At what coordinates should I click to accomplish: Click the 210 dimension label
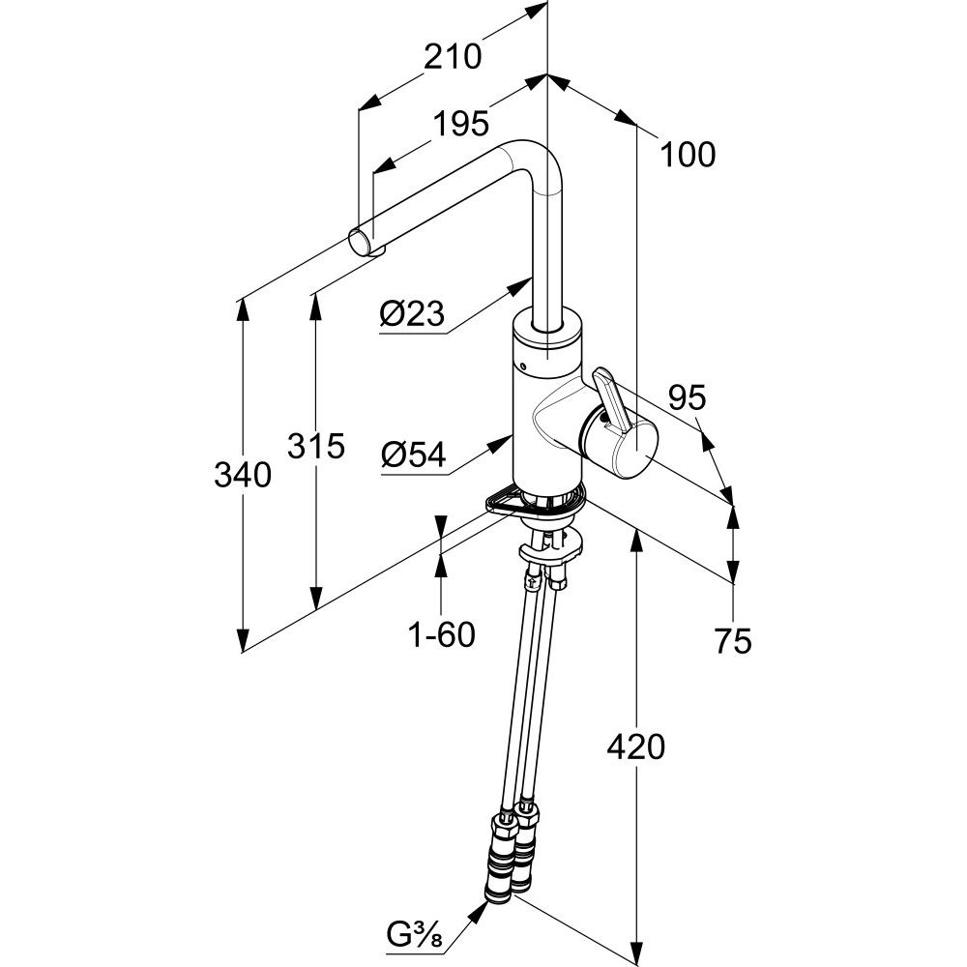(453, 57)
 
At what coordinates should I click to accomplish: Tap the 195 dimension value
(460, 123)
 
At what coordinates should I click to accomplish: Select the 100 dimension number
(689, 154)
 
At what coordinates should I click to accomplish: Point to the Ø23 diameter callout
(412, 313)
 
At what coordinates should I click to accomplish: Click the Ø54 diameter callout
(413, 454)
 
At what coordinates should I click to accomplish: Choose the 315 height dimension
(316, 447)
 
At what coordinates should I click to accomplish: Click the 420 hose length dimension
(636, 747)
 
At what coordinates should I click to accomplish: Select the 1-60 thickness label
(441, 636)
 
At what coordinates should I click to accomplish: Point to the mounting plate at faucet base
(537, 500)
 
